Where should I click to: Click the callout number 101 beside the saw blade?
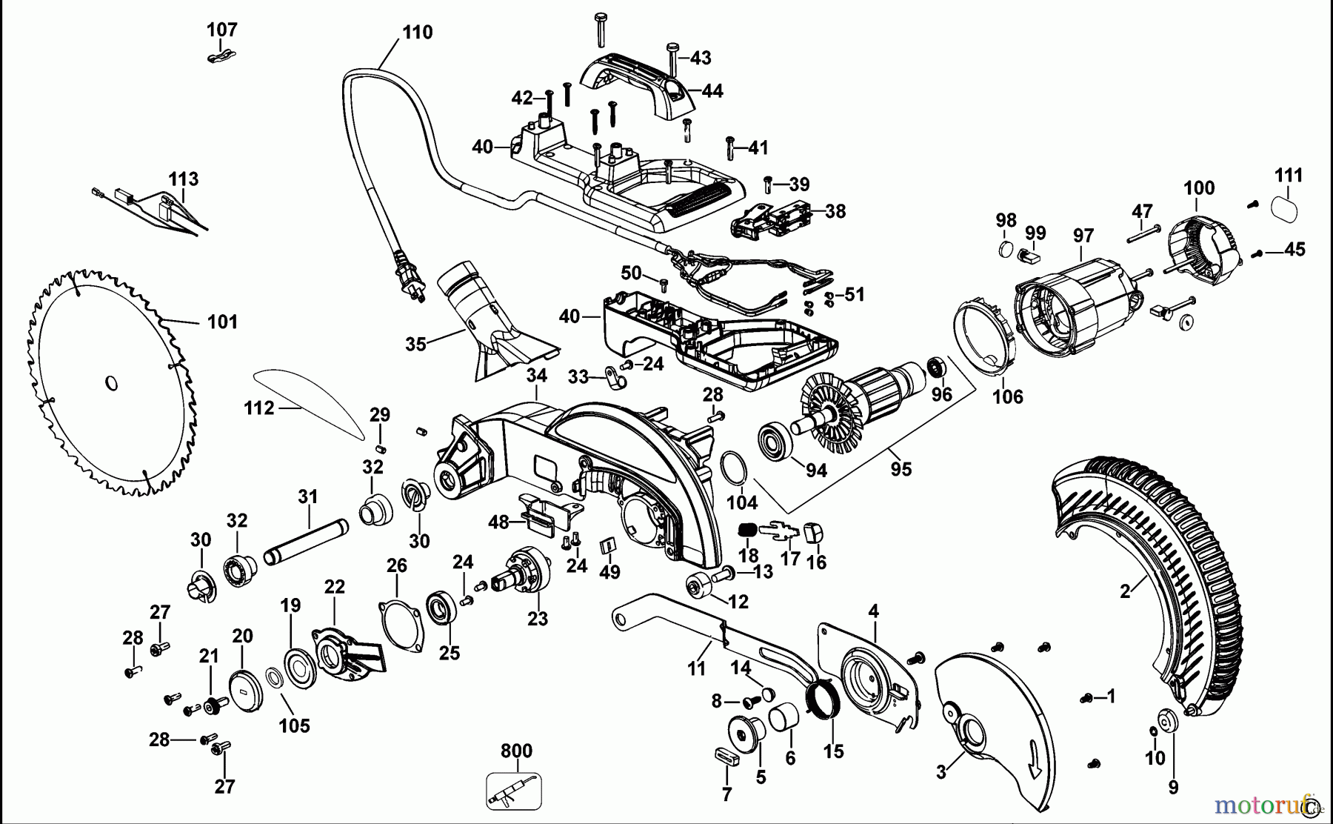(222, 322)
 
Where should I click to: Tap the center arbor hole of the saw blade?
(111, 383)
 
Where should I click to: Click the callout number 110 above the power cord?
(417, 33)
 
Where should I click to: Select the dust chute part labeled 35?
(489, 322)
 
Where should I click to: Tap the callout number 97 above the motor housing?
(1083, 236)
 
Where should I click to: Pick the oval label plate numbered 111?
(1285, 207)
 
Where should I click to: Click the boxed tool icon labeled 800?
(514, 791)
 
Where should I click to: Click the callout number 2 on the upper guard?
(1125, 591)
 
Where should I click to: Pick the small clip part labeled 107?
(220, 56)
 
